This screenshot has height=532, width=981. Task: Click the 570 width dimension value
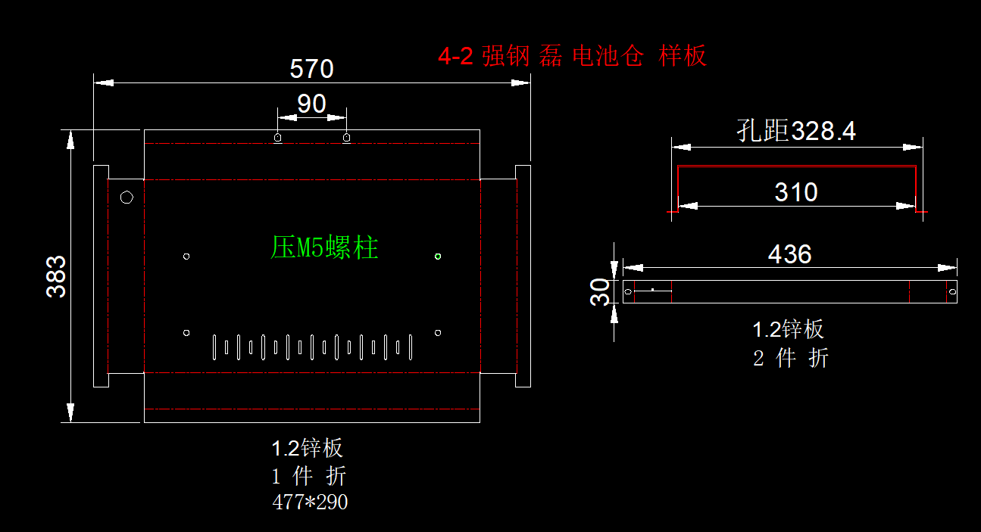coord(311,70)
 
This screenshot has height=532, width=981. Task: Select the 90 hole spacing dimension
coord(311,104)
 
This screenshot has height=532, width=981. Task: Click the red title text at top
coord(572,56)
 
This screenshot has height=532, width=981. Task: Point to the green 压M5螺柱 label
coord(324,247)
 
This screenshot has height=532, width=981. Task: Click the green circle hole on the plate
coord(438,257)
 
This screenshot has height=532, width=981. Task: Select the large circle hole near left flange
coord(127,198)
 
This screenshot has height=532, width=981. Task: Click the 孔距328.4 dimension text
coord(796,131)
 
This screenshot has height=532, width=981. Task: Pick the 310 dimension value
coord(796,192)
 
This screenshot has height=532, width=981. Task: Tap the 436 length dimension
coord(789,254)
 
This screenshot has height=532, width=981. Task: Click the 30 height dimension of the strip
coord(601,291)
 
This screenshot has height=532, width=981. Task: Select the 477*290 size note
coord(310,502)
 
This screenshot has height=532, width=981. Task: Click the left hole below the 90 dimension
coord(278,138)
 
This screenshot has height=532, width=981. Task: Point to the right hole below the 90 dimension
coord(347,138)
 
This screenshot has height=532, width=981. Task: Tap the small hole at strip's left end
coord(627,291)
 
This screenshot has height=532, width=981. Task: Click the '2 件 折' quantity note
coord(790,358)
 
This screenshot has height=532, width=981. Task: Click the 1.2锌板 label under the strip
coord(788,330)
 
